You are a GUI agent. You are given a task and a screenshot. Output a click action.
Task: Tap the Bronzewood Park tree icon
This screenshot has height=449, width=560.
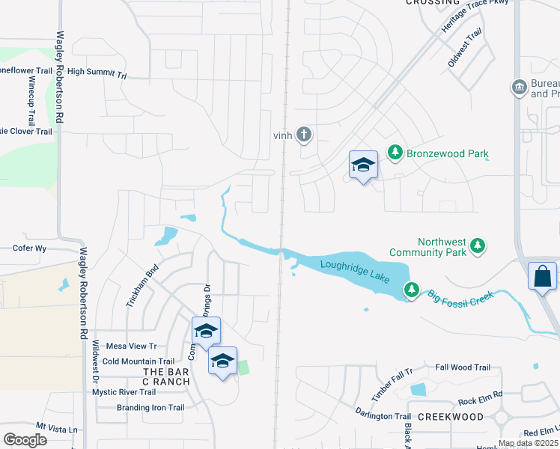pyautogui.click(x=395, y=153)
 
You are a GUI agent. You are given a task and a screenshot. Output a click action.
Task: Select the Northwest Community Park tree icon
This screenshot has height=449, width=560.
pyautogui.click(x=477, y=245)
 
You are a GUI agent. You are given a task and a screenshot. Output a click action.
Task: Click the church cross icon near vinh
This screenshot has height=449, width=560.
pyautogui.click(x=303, y=135)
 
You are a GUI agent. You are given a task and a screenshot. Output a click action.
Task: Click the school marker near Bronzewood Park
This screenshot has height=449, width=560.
pyautogui.click(x=363, y=165)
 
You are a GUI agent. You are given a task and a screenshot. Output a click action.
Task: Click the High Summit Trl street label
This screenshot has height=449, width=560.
pyautogui.click(x=98, y=73)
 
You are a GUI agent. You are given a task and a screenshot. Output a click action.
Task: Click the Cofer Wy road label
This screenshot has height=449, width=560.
pyautogui.click(x=30, y=248)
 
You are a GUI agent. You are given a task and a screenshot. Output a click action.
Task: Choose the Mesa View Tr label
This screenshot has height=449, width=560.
pyautogui.click(x=131, y=346)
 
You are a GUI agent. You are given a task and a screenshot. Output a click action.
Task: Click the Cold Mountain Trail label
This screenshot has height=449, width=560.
pyautogui.click(x=139, y=361)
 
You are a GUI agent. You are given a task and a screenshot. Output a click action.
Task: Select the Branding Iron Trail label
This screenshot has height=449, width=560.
pyautogui.click(x=150, y=408)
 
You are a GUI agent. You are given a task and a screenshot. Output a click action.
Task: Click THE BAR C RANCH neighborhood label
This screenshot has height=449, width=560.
pyautogui.click(x=165, y=376)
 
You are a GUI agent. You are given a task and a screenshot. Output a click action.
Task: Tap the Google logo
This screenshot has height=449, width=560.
pyautogui.click(x=25, y=439)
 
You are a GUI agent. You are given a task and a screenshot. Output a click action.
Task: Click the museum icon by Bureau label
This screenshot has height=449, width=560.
pyautogui.click(x=518, y=88)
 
